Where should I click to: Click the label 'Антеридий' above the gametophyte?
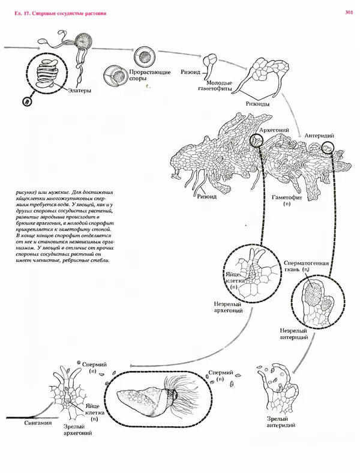coord(319,136)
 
